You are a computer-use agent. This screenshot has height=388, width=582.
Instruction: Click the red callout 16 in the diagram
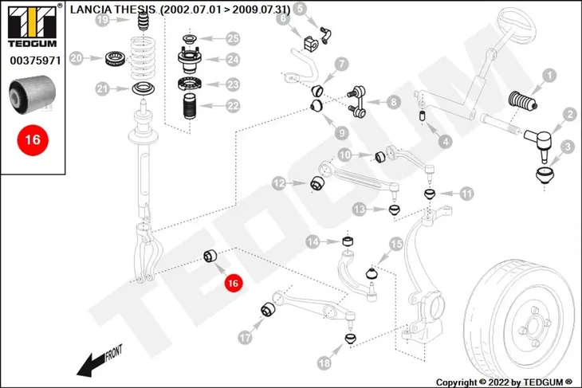233,284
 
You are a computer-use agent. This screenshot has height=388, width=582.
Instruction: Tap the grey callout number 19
102,19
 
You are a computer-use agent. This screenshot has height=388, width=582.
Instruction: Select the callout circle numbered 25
233,38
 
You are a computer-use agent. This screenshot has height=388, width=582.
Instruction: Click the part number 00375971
35,61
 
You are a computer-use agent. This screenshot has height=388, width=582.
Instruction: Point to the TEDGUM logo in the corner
33,25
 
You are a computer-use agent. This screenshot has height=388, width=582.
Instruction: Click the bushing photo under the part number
33,94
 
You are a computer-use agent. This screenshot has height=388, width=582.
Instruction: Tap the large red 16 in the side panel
33,140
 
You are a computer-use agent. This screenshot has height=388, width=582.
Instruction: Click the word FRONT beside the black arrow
113,353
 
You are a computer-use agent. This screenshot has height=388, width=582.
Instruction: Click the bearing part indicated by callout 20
116,59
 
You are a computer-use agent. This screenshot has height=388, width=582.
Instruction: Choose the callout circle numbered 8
393,102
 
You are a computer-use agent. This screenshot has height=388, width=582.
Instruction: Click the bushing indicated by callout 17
268,310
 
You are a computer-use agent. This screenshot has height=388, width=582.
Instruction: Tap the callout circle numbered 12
279,183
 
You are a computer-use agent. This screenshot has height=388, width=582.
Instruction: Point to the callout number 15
396,244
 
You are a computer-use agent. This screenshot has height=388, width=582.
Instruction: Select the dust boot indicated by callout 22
191,107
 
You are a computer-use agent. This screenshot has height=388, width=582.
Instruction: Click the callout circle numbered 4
446,141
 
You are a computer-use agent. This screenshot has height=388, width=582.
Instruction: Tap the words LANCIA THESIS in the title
113,10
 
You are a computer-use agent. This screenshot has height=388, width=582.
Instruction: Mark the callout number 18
324,363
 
